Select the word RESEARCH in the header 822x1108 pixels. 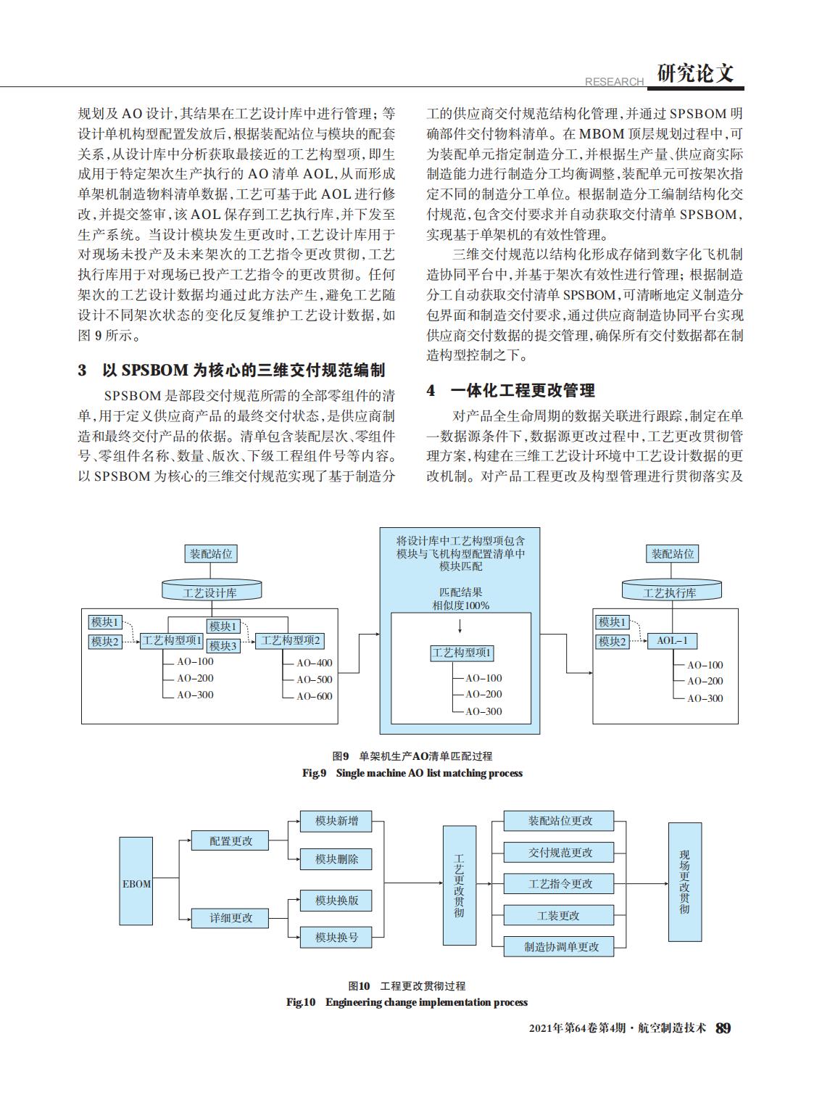pos(614,82)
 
